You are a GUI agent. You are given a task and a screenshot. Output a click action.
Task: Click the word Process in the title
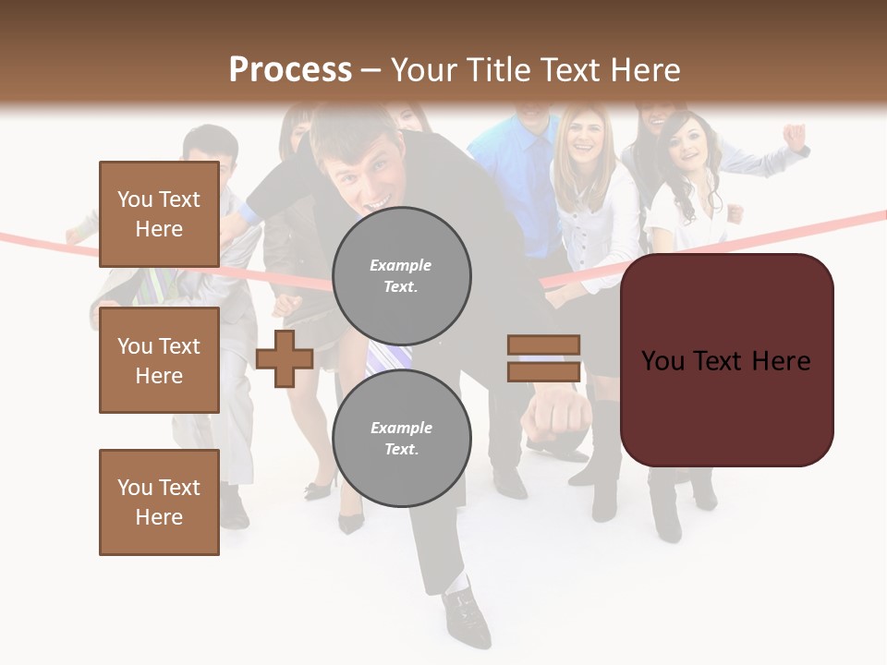coord(290,70)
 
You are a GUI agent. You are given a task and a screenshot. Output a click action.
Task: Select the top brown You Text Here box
coord(159,214)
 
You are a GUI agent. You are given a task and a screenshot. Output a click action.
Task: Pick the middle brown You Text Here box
coord(159,360)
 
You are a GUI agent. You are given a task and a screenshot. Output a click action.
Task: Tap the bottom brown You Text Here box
coord(159,502)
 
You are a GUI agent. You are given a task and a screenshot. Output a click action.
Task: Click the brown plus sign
coord(285,359)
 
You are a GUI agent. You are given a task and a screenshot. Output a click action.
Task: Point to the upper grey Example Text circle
coord(401,275)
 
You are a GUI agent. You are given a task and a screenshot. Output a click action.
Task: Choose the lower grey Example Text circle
coord(401,438)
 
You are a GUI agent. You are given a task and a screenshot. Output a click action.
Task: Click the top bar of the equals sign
coord(543,345)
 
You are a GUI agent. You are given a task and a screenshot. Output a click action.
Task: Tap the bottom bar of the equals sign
coord(543,372)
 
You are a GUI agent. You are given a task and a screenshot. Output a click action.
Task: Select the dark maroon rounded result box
coord(726,360)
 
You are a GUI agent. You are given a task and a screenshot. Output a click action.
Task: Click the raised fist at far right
coord(794,137)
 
